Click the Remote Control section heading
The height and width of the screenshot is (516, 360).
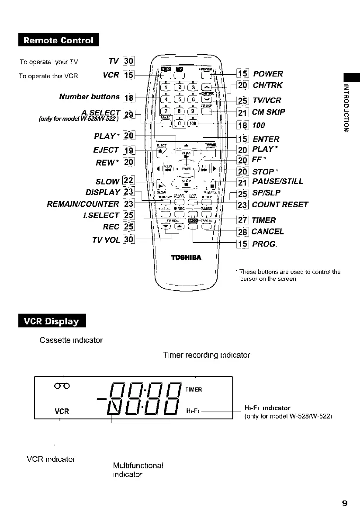[x=59, y=41]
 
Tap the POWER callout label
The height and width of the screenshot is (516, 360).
[x=268, y=74]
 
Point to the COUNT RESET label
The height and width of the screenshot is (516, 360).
[x=280, y=205]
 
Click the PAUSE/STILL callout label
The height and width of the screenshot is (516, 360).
[x=277, y=181]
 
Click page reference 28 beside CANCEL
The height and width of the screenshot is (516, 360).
[x=242, y=232]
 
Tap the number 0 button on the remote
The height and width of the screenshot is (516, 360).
[x=178, y=123]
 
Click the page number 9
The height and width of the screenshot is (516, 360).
[x=344, y=503]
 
